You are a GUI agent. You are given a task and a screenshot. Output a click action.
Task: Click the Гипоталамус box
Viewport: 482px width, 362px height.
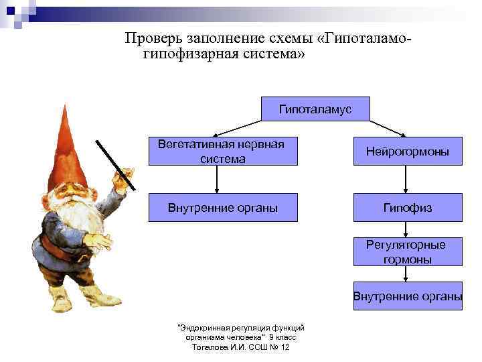pos(315,109)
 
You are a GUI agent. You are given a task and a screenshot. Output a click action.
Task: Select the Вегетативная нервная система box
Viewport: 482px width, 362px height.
pos(222,152)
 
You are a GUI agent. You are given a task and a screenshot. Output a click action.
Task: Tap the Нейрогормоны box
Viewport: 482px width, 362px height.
pos(407,152)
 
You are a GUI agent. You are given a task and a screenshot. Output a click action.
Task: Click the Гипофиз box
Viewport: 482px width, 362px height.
pos(407,208)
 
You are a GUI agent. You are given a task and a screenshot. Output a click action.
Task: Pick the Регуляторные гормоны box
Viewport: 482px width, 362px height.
pos(407,252)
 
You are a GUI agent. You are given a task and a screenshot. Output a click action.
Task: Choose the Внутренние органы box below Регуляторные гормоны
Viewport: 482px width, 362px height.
pos(408,296)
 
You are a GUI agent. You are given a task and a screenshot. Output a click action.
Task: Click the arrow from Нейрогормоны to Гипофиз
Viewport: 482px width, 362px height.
pos(407,180)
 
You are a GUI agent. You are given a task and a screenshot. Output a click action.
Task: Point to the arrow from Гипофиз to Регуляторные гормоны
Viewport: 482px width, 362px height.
pos(407,229)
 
